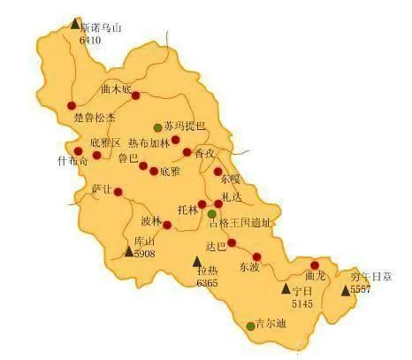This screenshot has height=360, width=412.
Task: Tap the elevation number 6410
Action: pyautogui.click(x=91, y=40)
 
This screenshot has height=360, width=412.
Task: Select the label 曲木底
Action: pyautogui.click(x=116, y=88)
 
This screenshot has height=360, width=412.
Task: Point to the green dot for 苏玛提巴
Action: pyautogui.click(x=158, y=126)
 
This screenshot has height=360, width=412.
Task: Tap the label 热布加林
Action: pyautogui.click(x=147, y=142)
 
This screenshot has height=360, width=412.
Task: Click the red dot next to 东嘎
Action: pyautogui.click(x=217, y=172)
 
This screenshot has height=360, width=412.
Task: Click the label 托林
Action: pyautogui.click(x=187, y=210)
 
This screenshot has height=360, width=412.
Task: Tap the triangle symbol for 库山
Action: pyautogui.click(x=127, y=252)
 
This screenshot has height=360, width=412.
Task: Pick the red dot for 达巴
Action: pyautogui.click(x=232, y=242)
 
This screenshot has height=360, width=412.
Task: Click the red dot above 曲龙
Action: pyautogui.click(x=315, y=264)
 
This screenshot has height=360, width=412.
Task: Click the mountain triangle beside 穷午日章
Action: pyautogui.click(x=345, y=288)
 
